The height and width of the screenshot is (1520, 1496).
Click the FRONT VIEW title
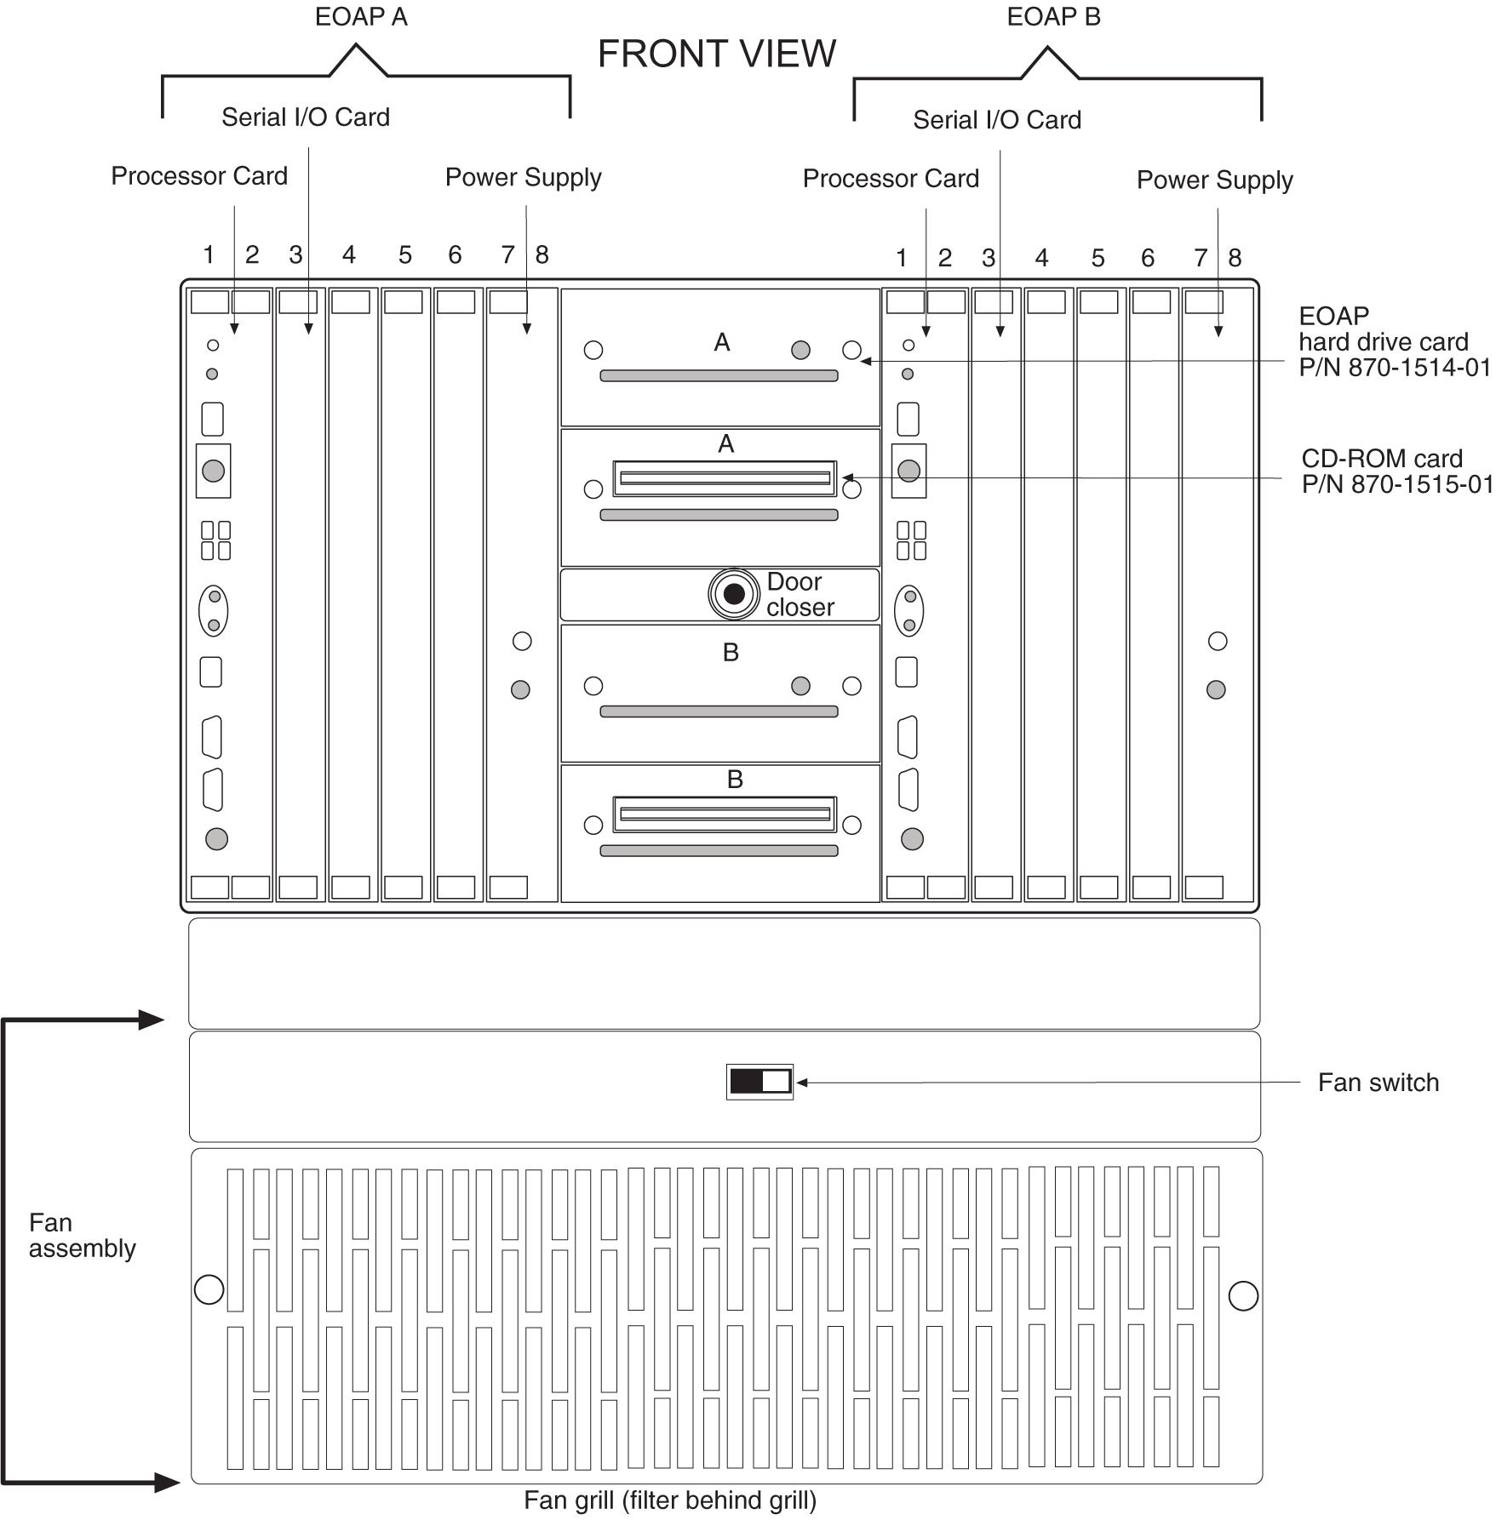point(717,54)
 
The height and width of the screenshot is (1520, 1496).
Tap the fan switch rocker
point(759,1082)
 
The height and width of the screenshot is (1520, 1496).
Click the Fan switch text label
point(1378,1083)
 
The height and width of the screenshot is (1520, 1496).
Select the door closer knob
point(734,594)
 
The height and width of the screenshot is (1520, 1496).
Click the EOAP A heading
point(361,17)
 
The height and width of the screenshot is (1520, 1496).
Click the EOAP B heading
point(1053,17)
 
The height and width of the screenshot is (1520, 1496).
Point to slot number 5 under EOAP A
point(405,254)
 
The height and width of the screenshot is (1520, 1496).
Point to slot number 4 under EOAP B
point(1041,257)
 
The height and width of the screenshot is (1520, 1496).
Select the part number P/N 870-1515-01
point(1396,484)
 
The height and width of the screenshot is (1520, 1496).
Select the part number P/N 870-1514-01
point(1394,368)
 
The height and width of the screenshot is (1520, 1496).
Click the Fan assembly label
point(82,1235)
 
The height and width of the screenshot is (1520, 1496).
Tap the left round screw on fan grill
point(209,1289)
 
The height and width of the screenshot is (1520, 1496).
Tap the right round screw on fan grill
point(1243,1295)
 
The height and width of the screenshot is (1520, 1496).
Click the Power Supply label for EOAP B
point(1214,180)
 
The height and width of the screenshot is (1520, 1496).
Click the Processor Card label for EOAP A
point(199,176)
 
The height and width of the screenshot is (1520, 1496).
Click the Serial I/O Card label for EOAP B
point(997,120)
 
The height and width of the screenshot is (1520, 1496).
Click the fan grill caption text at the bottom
point(670,1500)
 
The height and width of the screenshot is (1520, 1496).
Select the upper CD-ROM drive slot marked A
point(725,479)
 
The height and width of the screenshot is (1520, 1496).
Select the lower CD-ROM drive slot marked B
point(725,814)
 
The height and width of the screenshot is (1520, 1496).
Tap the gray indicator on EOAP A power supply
point(520,689)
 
